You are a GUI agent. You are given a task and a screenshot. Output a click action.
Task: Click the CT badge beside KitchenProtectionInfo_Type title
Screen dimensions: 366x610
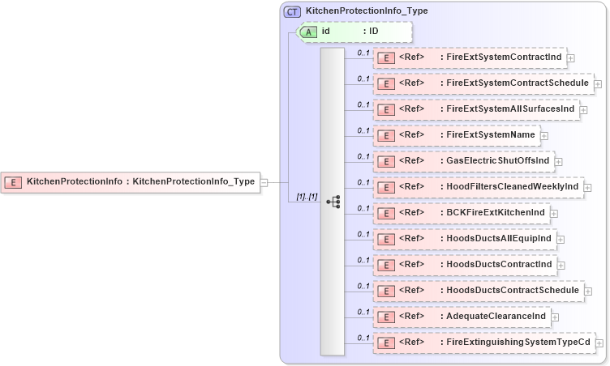click(292, 11)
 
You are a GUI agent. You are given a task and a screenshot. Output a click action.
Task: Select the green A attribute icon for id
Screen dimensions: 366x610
click(309, 32)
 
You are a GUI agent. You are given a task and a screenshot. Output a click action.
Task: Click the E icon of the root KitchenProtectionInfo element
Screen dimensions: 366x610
click(13, 181)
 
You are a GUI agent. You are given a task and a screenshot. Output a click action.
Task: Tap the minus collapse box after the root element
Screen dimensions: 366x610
click(264, 181)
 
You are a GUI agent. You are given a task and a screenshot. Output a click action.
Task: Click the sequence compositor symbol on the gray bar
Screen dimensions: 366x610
click(333, 202)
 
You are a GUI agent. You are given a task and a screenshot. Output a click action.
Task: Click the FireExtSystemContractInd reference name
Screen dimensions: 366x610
click(504, 57)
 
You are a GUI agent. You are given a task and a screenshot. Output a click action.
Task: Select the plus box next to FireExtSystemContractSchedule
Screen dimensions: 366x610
click(598, 83)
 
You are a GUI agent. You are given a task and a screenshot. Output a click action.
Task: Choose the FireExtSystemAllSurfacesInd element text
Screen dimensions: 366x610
click(510, 109)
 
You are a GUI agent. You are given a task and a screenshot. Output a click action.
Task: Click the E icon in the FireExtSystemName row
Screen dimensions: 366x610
click(388, 135)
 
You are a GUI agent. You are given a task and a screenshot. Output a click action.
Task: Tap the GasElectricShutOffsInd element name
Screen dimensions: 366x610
click(498, 160)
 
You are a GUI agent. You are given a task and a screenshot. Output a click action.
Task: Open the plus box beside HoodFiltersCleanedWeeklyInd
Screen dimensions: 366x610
click(587, 187)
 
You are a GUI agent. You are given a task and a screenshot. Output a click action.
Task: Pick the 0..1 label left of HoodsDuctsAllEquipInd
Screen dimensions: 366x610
click(363, 234)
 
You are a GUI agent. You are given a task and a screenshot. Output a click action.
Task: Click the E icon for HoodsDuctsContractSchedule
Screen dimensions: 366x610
click(388, 291)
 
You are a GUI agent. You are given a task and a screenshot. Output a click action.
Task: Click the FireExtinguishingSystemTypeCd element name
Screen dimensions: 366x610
click(518, 342)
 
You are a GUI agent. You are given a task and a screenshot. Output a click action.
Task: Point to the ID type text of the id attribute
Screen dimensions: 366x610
click(374, 32)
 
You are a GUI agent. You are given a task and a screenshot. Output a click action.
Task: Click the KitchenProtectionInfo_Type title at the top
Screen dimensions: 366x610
click(367, 11)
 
